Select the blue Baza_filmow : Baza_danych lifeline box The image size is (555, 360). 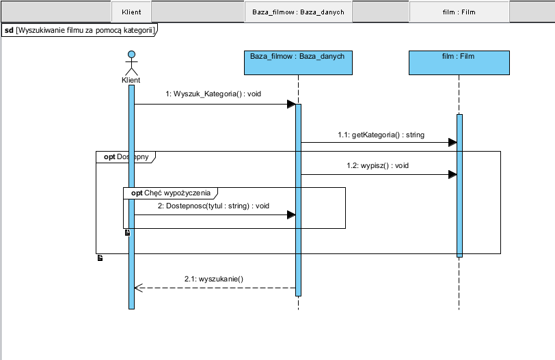(298, 63)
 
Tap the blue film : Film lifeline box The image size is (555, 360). (459, 63)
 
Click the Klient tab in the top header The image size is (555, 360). (131, 12)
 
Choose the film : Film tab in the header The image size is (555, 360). (459, 12)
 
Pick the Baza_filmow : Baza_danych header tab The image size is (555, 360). (297, 12)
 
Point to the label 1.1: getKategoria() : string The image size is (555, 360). (381, 135)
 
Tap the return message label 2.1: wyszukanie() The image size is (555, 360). (214, 279)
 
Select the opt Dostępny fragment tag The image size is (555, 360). (126, 156)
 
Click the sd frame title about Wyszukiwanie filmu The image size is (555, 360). (79, 30)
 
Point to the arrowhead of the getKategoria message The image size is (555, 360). (452, 142)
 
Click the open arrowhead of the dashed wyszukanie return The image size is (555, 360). (137, 288)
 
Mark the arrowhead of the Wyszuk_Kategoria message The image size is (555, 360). (291, 104)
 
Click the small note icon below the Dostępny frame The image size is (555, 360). (100, 258)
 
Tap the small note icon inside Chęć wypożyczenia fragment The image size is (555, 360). (127, 233)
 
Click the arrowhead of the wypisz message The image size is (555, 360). (452, 174)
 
